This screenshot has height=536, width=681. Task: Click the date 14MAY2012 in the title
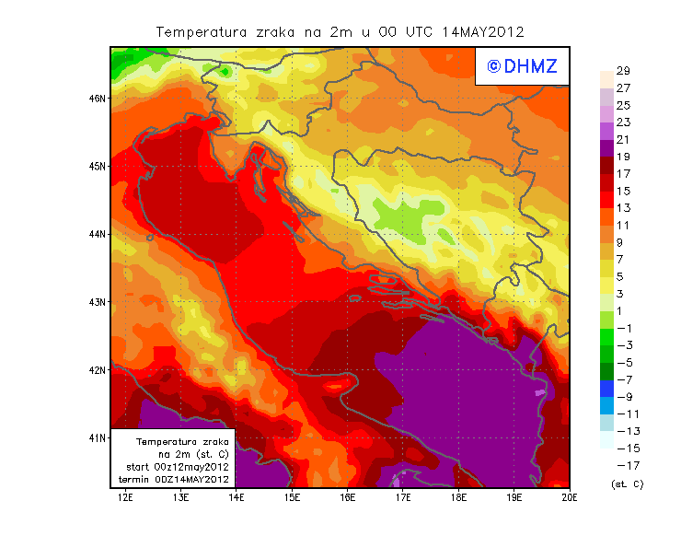(483, 32)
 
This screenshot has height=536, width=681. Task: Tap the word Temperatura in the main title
(202, 32)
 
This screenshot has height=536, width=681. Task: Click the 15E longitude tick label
(293, 497)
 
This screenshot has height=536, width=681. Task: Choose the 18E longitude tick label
(459, 497)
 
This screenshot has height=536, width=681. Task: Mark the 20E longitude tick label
(571, 497)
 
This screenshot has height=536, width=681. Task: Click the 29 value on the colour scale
(623, 71)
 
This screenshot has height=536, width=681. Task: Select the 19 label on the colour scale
(623, 157)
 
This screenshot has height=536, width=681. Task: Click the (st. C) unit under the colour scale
(627, 484)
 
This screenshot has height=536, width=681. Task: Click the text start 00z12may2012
(177, 466)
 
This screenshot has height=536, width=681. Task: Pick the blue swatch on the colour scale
(606, 390)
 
